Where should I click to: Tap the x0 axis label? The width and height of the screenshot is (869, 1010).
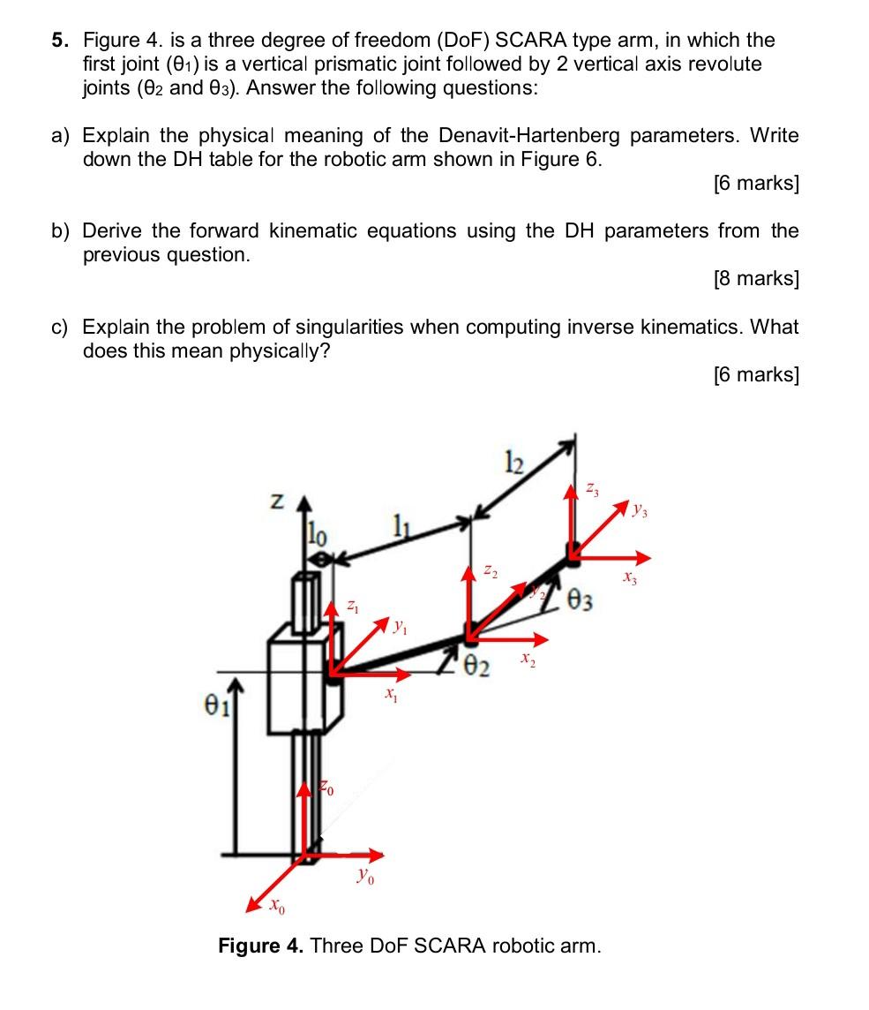pos(277,907)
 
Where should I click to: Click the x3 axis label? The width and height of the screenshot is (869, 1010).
pos(629,579)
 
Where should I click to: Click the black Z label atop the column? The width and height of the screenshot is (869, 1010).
pos(277,501)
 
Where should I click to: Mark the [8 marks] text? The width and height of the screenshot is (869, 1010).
pos(755,279)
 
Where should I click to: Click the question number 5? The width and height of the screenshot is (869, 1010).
pos(58,41)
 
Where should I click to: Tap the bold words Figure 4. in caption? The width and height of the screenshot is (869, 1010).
pos(261,946)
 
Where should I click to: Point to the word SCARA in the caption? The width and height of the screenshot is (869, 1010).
pos(450,946)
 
